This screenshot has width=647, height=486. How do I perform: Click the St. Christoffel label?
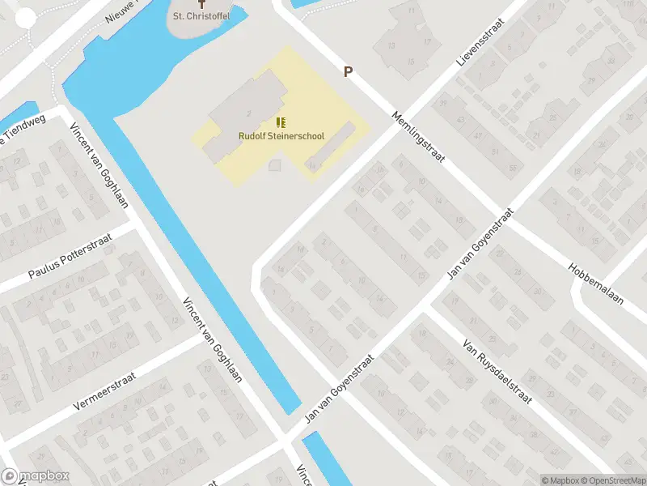pyautogui.click(x=201, y=16)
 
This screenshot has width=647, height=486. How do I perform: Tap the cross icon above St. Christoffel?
pyautogui.click(x=201, y=3)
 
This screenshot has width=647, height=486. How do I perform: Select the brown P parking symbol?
pyautogui.click(x=349, y=71)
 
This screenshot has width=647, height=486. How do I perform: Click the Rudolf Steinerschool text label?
pyautogui.click(x=281, y=136)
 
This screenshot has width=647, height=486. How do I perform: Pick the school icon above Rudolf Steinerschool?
pyautogui.click(x=281, y=122)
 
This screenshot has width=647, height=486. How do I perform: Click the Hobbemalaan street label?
pyautogui.click(x=595, y=283)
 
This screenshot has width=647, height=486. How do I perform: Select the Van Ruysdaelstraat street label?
pyautogui.click(x=496, y=370)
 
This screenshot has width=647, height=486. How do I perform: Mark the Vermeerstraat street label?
pyautogui.click(x=104, y=391)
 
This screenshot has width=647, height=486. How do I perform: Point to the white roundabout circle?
pyautogui.click(x=27, y=18)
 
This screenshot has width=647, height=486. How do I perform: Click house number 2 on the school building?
pyautogui.click(x=249, y=113)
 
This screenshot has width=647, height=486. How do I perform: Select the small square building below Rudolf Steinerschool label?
pyautogui.click(x=275, y=165)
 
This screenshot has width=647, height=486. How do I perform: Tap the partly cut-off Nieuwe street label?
pyautogui.click(x=123, y=11)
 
